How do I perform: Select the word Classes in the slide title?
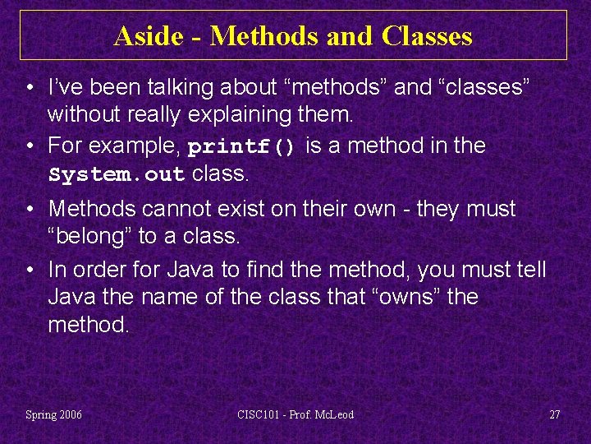point(427,36)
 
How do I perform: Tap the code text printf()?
point(241,147)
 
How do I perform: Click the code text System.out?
point(117,175)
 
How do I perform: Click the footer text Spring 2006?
point(53,414)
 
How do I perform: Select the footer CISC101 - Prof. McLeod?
point(295,414)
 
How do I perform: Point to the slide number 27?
point(554,414)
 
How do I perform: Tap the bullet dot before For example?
point(29,147)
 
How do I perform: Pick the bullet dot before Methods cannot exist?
point(29,210)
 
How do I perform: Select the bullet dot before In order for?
point(29,270)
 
